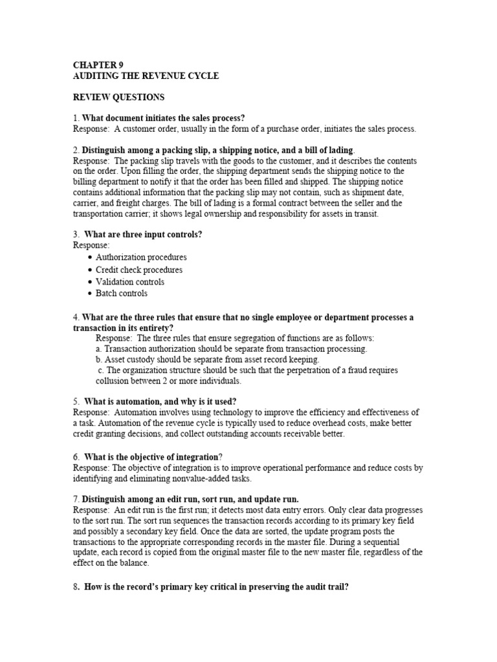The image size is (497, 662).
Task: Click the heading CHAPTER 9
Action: pyautogui.click(x=98, y=65)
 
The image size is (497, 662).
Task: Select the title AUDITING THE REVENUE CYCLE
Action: pyautogui.click(x=146, y=76)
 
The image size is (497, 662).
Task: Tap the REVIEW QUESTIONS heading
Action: pyautogui.click(x=118, y=97)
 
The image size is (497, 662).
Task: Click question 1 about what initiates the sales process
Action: pyautogui.click(x=162, y=118)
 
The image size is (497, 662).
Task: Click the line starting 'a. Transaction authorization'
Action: pyautogui.click(x=231, y=348)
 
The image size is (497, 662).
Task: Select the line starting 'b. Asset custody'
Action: pyautogui.click(x=207, y=359)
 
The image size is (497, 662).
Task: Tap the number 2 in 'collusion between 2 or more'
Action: pyautogui.click(x=165, y=381)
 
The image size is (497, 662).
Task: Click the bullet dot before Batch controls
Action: pyautogui.click(x=89, y=294)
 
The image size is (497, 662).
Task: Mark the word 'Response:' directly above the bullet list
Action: pyautogui.click(x=91, y=246)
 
